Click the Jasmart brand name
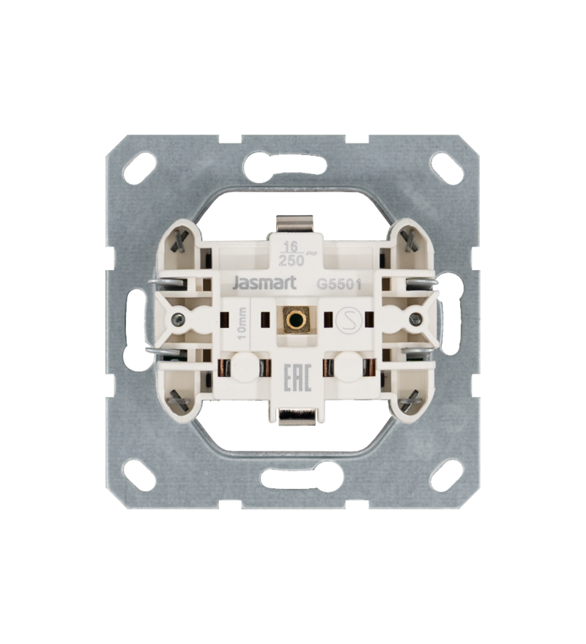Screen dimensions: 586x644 tap(264, 283)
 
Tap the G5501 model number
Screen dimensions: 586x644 tap(338, 285)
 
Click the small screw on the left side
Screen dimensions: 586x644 tap(177, 318)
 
